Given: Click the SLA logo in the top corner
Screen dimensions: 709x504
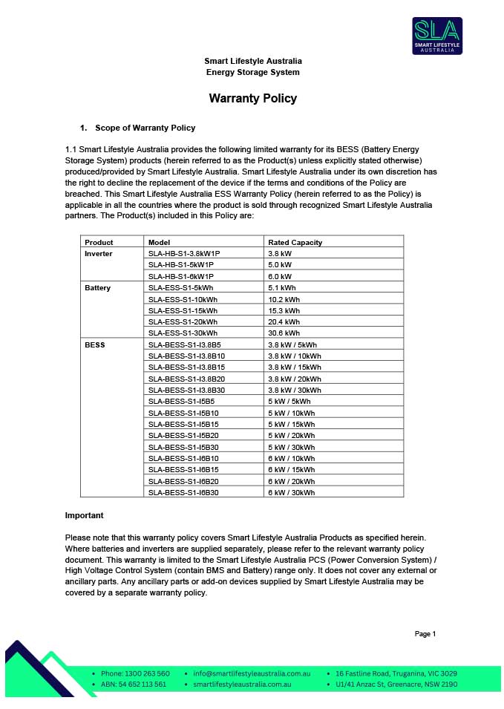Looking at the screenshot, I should pos(437,36).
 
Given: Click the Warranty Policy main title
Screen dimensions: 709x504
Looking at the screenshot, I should pos(252,98).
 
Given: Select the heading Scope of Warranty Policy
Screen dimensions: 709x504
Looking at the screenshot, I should pos(145,128).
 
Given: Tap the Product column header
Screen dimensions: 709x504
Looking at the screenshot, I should pos(99,242).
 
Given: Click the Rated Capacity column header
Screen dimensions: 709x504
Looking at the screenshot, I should pos(295,242).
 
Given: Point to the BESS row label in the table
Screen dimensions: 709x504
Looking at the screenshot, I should pos(95,345).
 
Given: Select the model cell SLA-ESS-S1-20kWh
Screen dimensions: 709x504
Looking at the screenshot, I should pos(183,322).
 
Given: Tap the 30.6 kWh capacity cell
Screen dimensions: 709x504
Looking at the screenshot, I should pos(284,333).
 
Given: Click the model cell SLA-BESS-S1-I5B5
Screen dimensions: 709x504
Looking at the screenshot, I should pos(178,401).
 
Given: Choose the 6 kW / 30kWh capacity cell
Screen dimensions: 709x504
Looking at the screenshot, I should pos(291,492).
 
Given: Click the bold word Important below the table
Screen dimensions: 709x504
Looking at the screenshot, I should pos(85,515).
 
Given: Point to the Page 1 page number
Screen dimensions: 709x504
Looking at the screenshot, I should pos(425,633).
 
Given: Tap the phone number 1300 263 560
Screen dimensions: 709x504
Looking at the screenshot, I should pos(135,673).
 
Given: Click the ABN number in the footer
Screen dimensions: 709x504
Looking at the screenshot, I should pos(133,684).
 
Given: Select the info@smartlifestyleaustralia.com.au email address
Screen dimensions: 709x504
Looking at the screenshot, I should pos(246,673).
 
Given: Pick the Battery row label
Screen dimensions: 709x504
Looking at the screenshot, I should pos(97,287).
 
